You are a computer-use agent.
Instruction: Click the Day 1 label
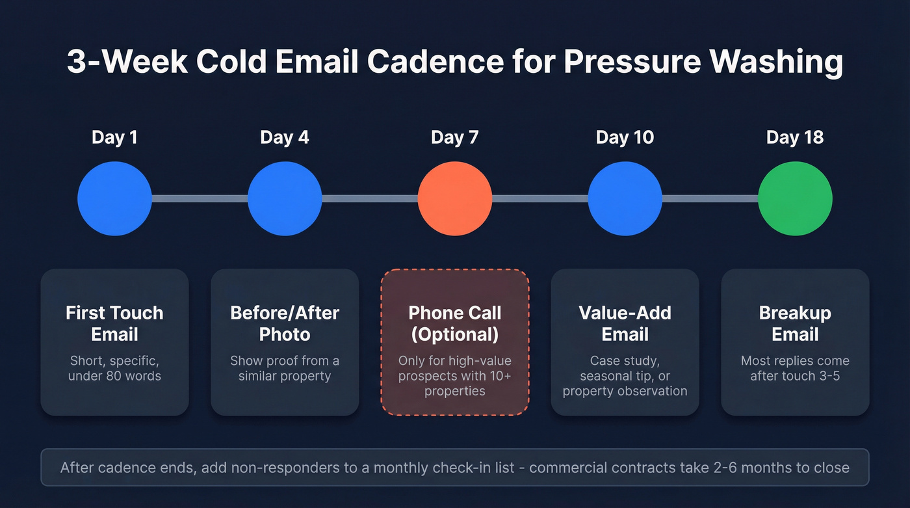[114, 137]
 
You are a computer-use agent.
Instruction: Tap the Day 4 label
[285, 137]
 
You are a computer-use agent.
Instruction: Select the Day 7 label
[454, 137]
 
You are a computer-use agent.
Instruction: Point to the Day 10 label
[625, 137]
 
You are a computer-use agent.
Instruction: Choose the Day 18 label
[795, 137]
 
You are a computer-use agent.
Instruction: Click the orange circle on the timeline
[454, 198]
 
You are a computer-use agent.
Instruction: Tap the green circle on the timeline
[795, 198]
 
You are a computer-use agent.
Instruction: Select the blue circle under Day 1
[114, 198]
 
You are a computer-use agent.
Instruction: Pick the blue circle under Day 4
[285, 198]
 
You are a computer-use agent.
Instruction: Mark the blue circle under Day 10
[625, 198]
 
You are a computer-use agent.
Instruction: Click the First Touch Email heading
[114, 323]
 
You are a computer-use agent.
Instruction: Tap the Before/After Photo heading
[285, 323]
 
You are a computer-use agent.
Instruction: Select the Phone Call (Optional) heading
[454, 323]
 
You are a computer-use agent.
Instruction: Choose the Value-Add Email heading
[625, 323]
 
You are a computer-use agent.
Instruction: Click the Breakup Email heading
[795, 323]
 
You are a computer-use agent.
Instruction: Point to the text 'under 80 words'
[114, 375]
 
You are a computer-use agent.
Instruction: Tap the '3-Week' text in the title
[126, 63]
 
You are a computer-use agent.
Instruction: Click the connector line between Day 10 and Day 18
[710, 198]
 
